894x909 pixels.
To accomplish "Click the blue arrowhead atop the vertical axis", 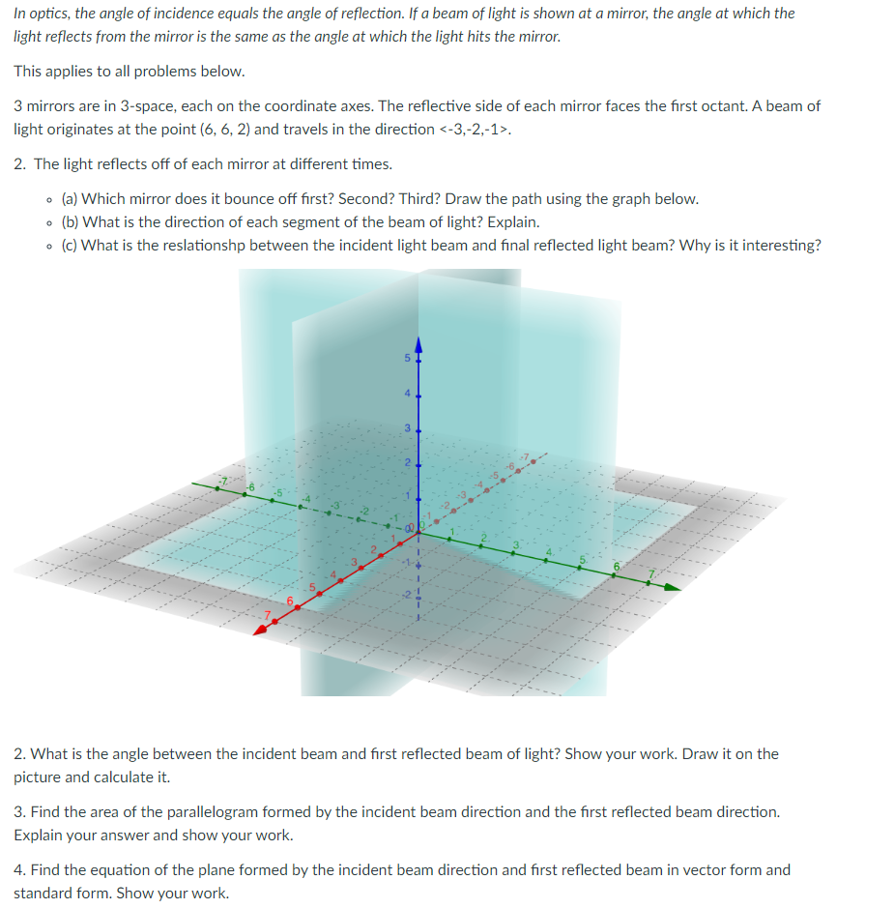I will [x=418, y=344].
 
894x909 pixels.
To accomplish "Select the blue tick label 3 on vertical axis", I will [x=406, y=427].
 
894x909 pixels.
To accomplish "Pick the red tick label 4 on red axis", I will [x=333, y=575].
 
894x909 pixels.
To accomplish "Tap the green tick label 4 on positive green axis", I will [x=548, y=553].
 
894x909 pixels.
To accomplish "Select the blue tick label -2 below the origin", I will [x=407, y=592].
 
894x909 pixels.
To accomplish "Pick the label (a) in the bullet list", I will [x=70, y=199].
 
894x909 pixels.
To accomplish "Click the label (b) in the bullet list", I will [x=70, y=222].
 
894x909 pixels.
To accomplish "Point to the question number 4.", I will [x=18, y=870].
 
